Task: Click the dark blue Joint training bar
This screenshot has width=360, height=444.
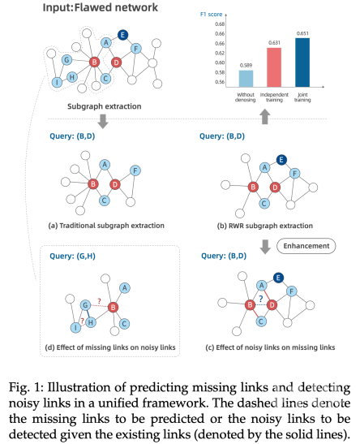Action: pyautogui.click(x=302, y=63)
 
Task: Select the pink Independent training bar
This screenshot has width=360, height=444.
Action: pyautogui.click(x=274, y=67)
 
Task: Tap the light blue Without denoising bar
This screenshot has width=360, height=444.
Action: pyautogui.click(x=246, y=79)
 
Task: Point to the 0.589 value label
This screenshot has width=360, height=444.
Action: pyautogui.click(x=246, y=66)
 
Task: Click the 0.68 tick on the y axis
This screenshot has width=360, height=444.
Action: pyautogui.click(x=220, y=24)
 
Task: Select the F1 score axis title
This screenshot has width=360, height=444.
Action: pyautogui.click(x=212, y=14)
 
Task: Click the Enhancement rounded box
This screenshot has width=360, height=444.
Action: pyautogui.click(x=306, y=246)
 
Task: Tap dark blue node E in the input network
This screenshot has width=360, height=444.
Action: pyautogui.click(x=122, y=35)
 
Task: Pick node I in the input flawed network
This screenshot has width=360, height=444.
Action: pyautogui.click(x=58, y=82)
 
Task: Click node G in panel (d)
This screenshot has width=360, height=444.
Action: pyautogui.click(x=85, y=305)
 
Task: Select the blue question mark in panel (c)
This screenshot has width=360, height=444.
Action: pyautogui.click(x=261, y=299)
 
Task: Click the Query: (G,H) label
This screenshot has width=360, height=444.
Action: pyautogui.click(x=72, y=256)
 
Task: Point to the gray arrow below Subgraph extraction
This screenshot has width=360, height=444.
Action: pyautogui.click(x=103, y=121)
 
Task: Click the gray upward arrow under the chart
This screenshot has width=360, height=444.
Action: pyautogui.click(x=264, y=117)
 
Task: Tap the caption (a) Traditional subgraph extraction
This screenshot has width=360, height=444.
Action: pyautogui.click(x=106, y=226)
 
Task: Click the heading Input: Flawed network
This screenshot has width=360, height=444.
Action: pyautogui.click(x=100, y=7)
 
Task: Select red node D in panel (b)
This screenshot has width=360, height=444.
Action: pyautogui.click(x=275, y=188)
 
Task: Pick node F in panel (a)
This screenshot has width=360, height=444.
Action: pyautogui.click(x=135, y=170)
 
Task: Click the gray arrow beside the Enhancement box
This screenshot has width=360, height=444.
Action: pyautogui.click(x=265, y=247)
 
